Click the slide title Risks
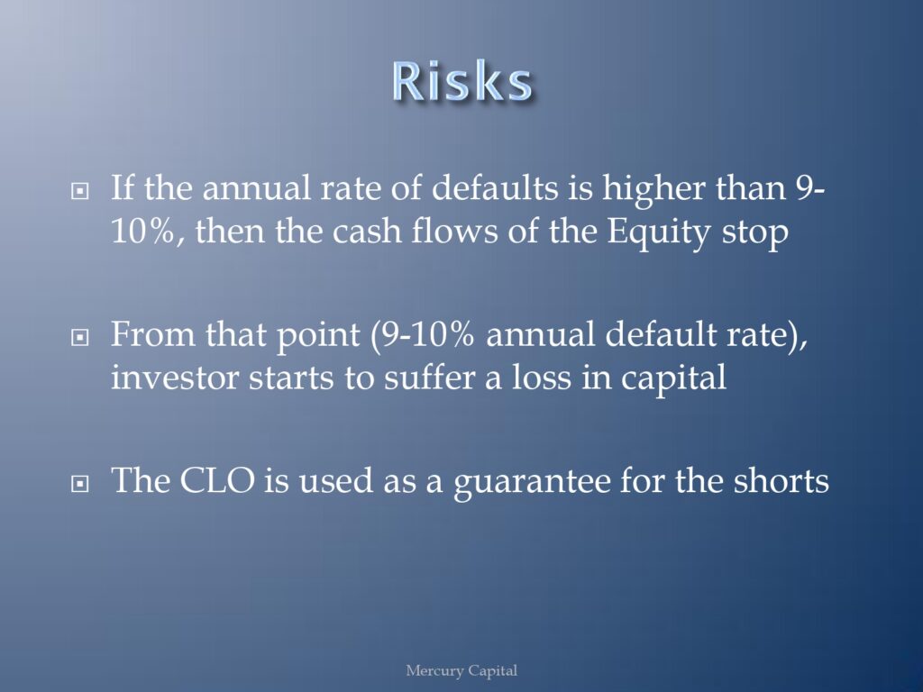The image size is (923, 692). tap(462, 81)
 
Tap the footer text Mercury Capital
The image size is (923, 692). tap(461, 670)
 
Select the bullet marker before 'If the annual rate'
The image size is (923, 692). tap(79, 191)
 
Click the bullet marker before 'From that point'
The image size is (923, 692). tap(79, 337)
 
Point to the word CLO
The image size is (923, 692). tap(217, 480)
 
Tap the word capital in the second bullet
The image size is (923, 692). tap(673, 379)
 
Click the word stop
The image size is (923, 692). tap(755, 234)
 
